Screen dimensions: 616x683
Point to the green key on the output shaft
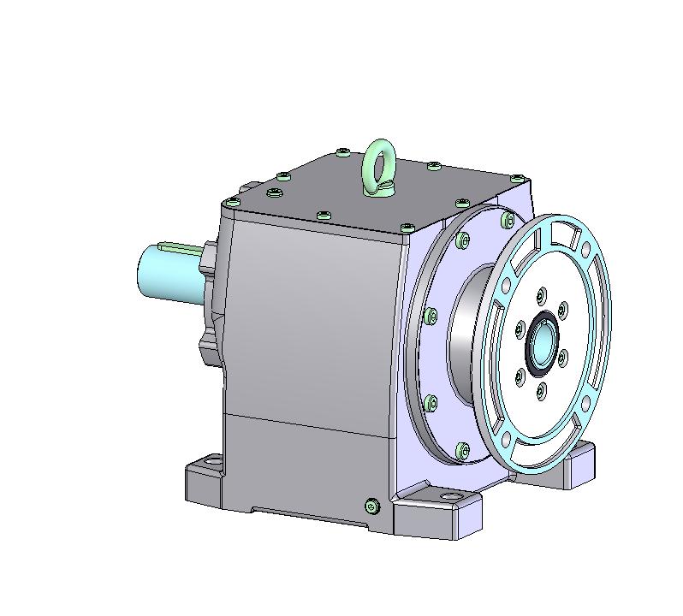pos(182,248)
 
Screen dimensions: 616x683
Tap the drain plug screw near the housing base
pos(371,506)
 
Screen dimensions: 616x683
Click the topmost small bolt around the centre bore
pos(540,295)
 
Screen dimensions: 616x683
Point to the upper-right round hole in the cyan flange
pos(585,251)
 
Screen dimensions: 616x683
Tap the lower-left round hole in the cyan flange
pos(506,439)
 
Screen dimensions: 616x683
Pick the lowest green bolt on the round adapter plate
pos(463,449)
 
